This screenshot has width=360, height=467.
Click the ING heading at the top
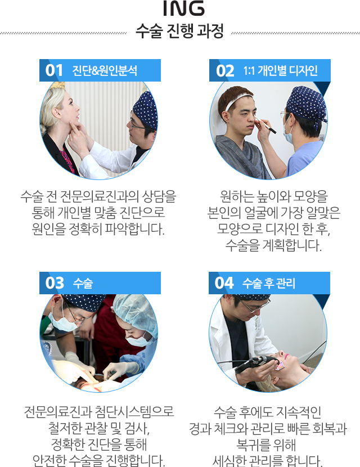click(x=184, y=8)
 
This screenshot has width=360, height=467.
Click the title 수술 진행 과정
click(x=179, y=32)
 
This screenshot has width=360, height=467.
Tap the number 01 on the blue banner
click(x=54, y=70)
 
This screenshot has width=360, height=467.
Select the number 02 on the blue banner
click(x=225, y=71)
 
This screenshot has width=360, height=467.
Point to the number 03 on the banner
click(x=55, y=283)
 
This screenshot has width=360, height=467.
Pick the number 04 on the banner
click(x=224, y=283)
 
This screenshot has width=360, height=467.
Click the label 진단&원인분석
click(x=105, y=70)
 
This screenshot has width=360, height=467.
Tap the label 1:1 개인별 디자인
click(x=281, y=70)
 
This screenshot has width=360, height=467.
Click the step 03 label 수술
click(x=83, y=283)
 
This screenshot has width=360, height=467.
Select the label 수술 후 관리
click(x=268, y=283)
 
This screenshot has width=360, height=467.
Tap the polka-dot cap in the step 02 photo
click(x=307, y=103)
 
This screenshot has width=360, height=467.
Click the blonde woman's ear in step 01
click(x=56, y=113)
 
